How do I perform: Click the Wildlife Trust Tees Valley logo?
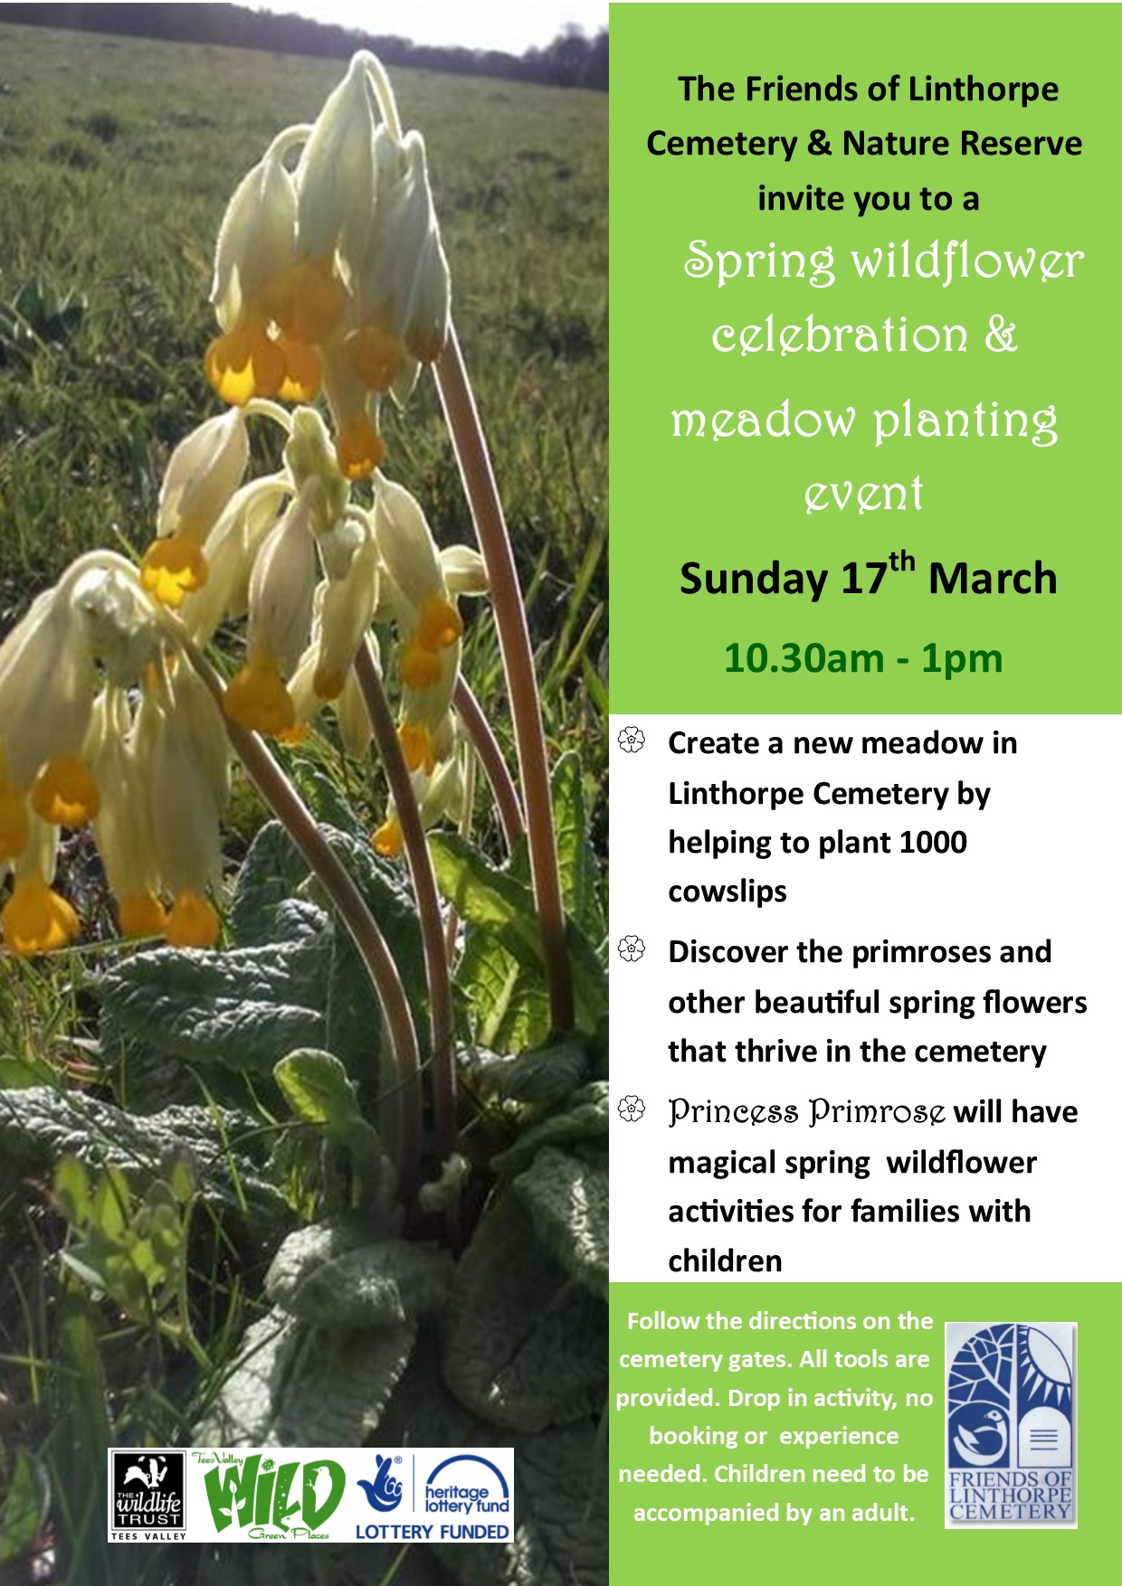(148, 1496)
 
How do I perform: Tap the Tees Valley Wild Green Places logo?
(269, 1496)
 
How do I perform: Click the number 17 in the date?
(863, 580)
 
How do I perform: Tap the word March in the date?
(993, 579)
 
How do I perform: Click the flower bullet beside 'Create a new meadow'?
(632, 741)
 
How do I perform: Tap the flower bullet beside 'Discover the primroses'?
(632, 949)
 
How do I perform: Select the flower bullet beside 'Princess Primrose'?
(632, 1109)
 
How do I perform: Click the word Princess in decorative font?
(733, 1112)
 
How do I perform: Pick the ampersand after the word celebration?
(1000, 335)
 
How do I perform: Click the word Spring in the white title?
(758, 262)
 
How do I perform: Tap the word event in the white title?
(864, 494)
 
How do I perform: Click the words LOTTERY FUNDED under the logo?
(433, 1532)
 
